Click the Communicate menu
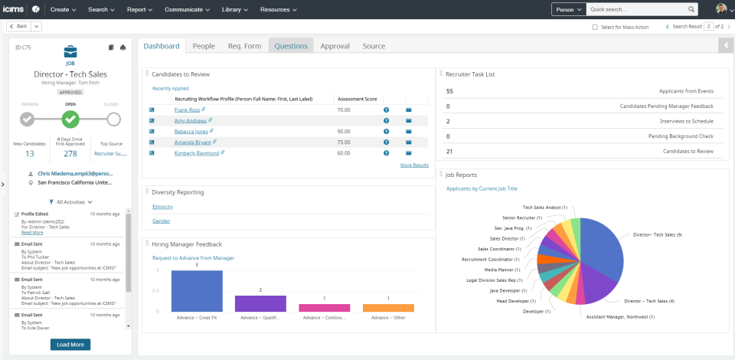[187, 9]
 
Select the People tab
[204, 46]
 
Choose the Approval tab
[335, 46]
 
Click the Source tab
[374, 46]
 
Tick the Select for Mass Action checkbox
[596, 27]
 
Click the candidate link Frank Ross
[187, 110]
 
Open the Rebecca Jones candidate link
[191, 132]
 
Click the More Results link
[414, 165]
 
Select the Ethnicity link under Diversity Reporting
[162, 207]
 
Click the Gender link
[161, 221]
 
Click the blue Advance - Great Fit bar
[197, 291]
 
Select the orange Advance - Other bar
[388, 307]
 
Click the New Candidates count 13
[29, 153]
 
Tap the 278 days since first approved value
[70, 153]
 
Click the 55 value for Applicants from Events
[449, 90]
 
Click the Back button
[20, 26]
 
